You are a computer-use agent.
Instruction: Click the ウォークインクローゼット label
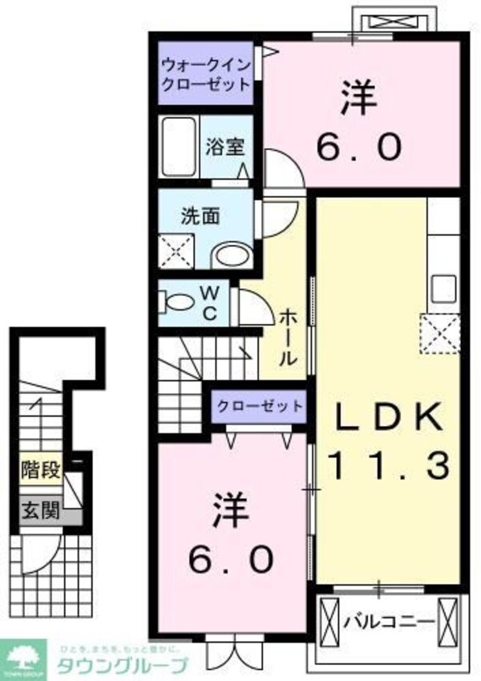(x=205, y=74)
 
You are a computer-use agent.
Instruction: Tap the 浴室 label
(x=220, y=147)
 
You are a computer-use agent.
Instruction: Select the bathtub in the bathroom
(x=179, y=148)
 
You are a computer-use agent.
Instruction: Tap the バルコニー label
(x=389, y=621)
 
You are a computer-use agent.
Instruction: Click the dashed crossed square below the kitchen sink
(x=440, y=333)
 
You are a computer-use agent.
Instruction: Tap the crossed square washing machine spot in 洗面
(x=176, y=250)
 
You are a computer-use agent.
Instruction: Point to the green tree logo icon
(x=25, y=656)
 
